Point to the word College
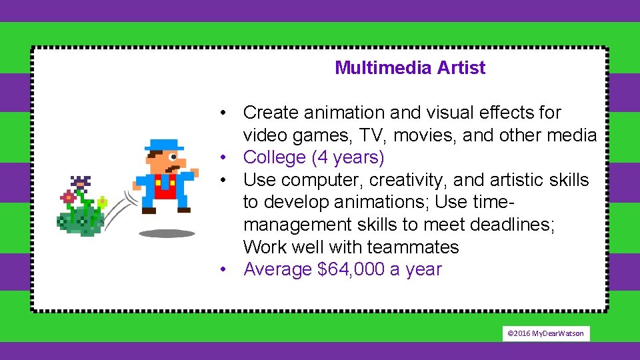[x=275, y=158]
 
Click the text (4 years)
[x=348, y=158]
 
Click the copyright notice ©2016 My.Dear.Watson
[x=546, y=333]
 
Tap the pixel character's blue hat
[x=164, y=144]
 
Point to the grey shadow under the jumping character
[x=167, y=233]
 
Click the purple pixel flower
[x=81, y=182]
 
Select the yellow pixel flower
[x=102, y=201]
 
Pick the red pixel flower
[x=67, y=197]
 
